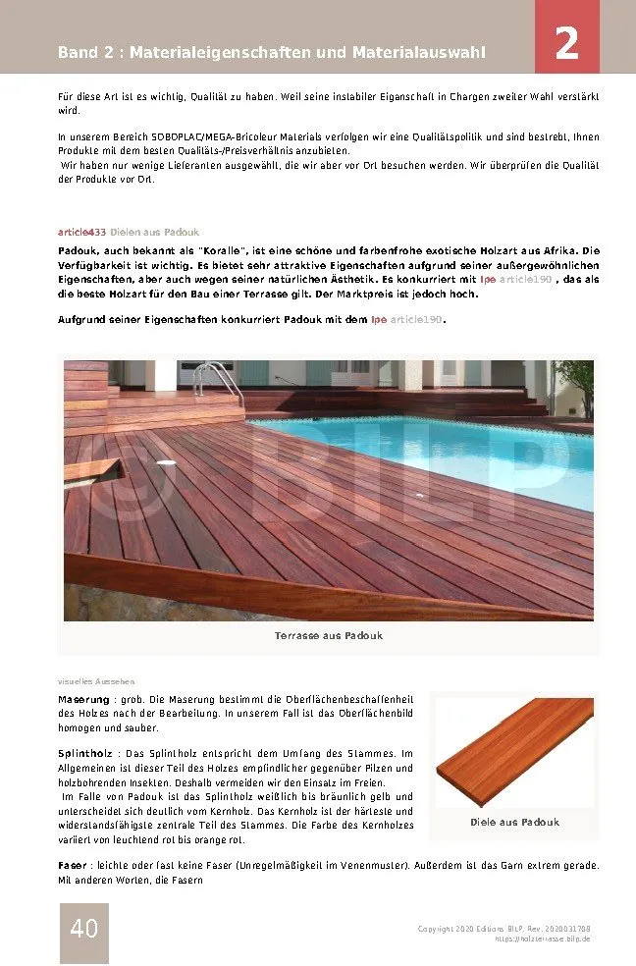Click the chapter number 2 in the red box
pyautogui.click(x=566, y=44)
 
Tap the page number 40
pyautogui.click(x=84, y=927)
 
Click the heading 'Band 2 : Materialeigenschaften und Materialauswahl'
pyautogui.click(x=272, y=52)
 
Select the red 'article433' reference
pyautogui.click(x=82, y=232)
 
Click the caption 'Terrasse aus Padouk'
pyautogui.click(x=329, y=635)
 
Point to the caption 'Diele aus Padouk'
pyautogui.click(x=514, y=822)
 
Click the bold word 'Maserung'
pyautogui.click(x=83, y=699)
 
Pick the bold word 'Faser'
pyautogui.click(x=74, y=865)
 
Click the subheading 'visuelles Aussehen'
pyautogui.click(x=96, y=680)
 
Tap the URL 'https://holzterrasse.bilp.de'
pyautogui.click(x=542, y=939)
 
